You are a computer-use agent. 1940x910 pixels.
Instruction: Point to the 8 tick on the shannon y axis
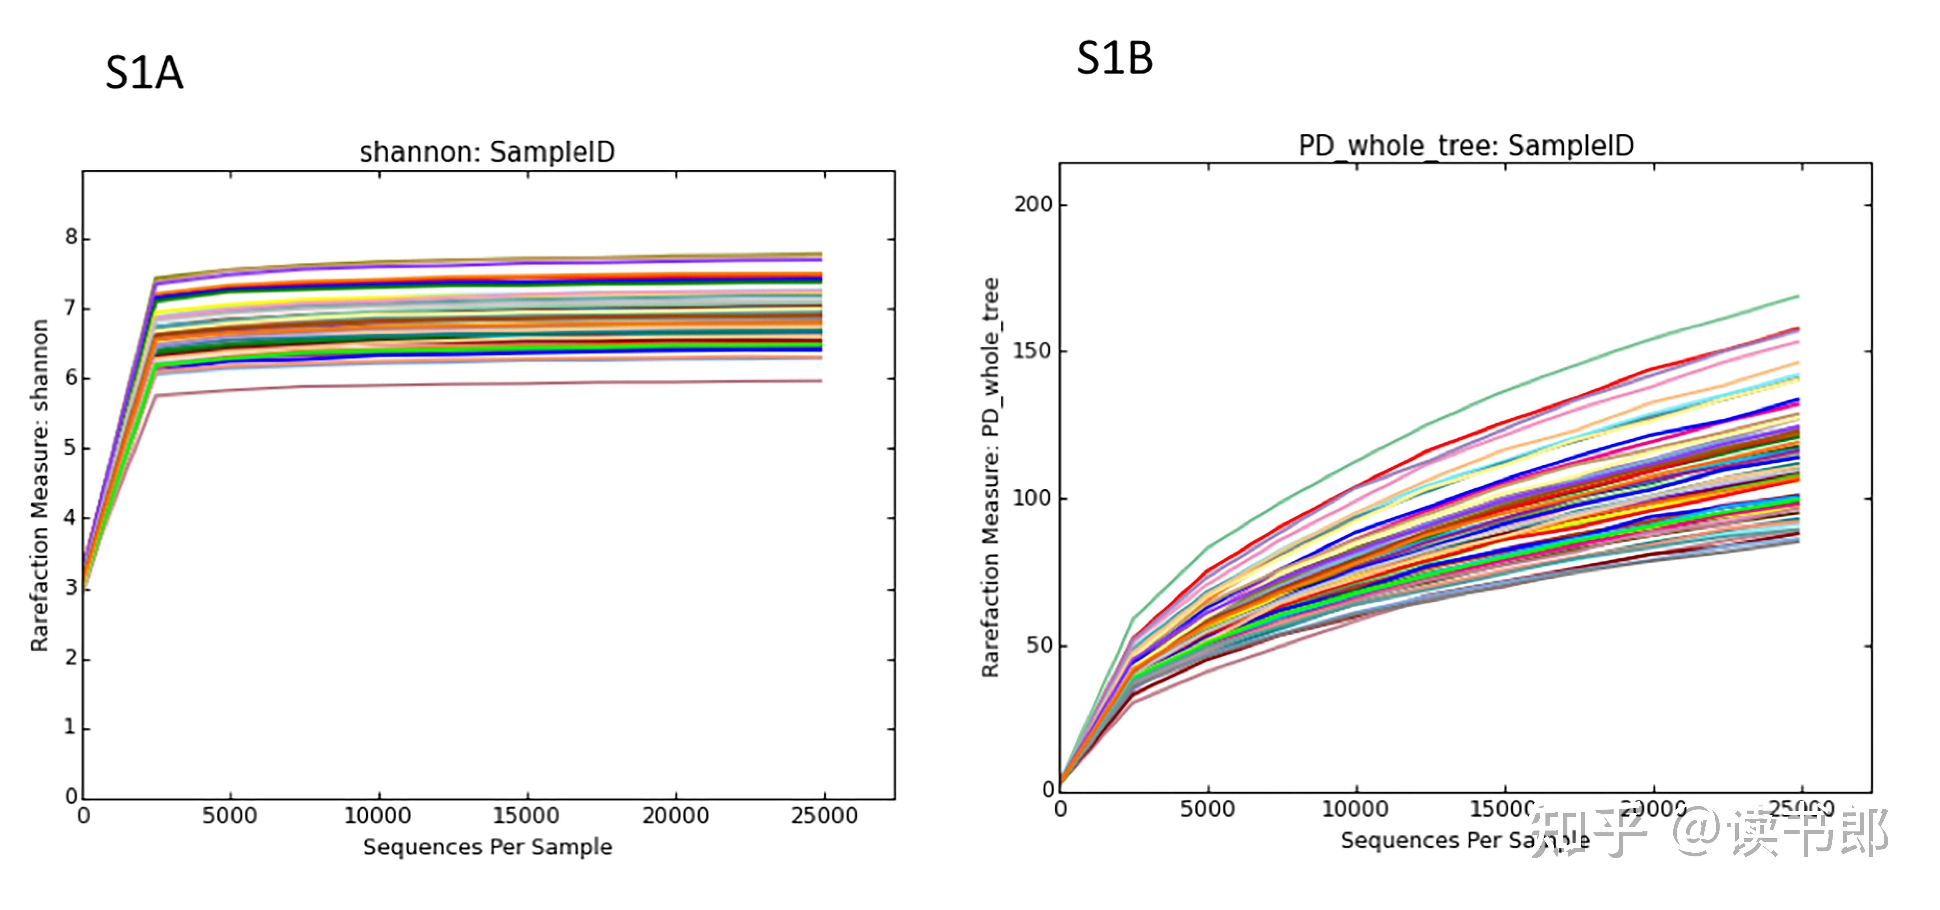click(x=71, y=238)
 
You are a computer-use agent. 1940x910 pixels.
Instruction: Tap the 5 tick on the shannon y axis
click(x=71, y=448)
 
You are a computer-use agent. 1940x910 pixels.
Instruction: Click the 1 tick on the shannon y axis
click(x=71, y=728)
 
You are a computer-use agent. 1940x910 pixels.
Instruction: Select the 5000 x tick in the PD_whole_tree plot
click(x=1207, y=809)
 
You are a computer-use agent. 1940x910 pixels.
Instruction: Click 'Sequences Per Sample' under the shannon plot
click(x=487, y=847)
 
